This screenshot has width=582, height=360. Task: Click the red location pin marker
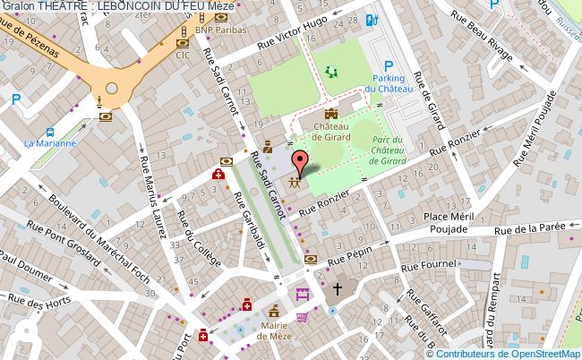click(301, 161)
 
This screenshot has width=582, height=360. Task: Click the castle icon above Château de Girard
click(331, 114)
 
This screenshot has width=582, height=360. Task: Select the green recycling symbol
click(333, 72)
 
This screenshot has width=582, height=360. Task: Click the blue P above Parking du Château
click(389, 65)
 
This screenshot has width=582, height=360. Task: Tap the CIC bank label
click(183, 55)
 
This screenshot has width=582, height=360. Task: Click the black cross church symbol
click(338, 289)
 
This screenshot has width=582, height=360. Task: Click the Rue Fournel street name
click(429, 265)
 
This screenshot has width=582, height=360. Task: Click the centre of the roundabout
click(112, 88)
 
